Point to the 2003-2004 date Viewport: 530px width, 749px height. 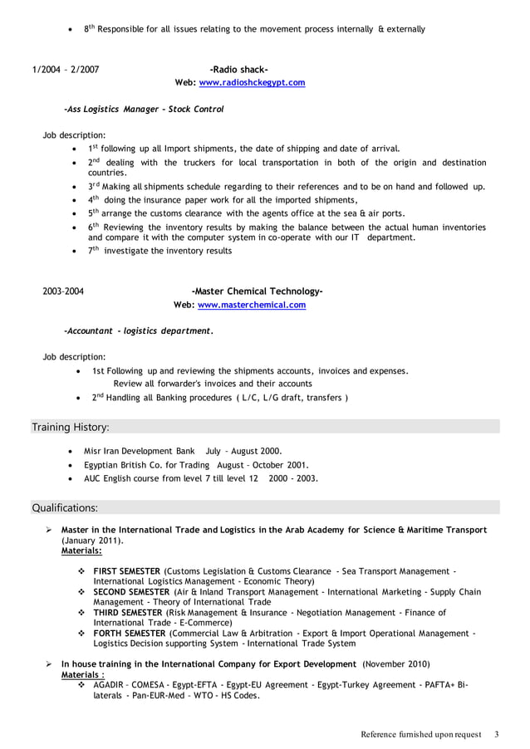tap(62, 291)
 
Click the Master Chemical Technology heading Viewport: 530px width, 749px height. tap(257, 291)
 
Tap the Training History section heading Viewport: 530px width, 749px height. tap(71, 427)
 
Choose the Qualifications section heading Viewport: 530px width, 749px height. tap(65, 507)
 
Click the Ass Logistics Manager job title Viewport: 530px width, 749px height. tap(144, 109)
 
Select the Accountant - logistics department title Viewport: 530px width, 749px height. tap(138, 330)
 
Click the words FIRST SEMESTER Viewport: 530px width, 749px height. tap(127, 571)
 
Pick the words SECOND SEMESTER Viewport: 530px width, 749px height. tap(131, 592)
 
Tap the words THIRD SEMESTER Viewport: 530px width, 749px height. tap(128, 613)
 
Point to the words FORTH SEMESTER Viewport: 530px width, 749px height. tap(130, 634)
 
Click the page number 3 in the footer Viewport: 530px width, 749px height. tap(496, 734)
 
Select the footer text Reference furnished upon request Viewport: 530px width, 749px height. tap(420, 734)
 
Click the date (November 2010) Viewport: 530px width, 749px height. tap(396, 664)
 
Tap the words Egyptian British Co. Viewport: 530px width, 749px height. tap(124, 465)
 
